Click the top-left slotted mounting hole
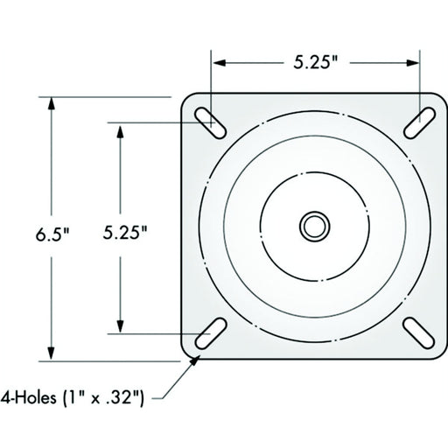pyautogui.click(x=210, y=123)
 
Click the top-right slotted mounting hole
pyautogui.click(x=419, y=122)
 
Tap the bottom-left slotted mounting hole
pyautogui.click(x=211, y=333)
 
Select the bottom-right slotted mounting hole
pyautogui.click(x=419, y=333)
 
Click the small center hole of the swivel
pyautogui.click(x=315, y=227)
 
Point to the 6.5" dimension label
pyautogui.click(x=52, y=234)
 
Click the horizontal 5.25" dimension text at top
pyautogui.click(x=316, y=62)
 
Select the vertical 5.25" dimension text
pyautogui.click(x=125, y=233)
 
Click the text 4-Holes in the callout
pyautogui.click(x=28, y=397)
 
